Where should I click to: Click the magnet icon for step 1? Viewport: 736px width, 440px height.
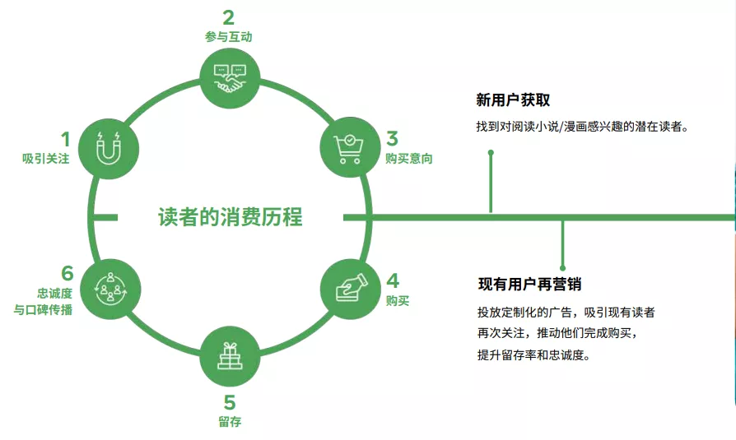tap(109, 148)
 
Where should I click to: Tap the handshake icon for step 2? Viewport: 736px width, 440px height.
tap(230, 78)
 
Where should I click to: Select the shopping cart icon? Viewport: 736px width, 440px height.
tap(349, 149)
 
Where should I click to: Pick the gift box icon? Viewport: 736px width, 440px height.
tap(230, 356)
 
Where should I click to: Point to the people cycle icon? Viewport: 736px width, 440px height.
tap(110, 288)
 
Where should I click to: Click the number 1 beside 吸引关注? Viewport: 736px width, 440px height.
tap(65, 139)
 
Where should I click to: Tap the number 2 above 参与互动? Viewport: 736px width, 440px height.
tap(229, 18)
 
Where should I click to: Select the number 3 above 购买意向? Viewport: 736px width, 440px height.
tap(393, 138)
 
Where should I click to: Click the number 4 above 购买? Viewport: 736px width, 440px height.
tap(393, 280)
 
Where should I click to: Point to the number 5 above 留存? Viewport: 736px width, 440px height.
tap(230, 402)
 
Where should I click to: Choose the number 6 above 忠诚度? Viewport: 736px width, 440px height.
tap(68, 273)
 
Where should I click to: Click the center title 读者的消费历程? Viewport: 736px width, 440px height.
tap(230, 217)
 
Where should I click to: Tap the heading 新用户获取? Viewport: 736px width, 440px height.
tap(513, 100)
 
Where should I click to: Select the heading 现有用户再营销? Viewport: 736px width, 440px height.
tap(530, 284)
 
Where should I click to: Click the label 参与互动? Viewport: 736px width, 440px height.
tap(229, 36)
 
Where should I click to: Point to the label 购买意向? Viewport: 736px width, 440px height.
tap(409, 159)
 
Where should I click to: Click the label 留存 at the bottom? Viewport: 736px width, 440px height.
tap(230, 422)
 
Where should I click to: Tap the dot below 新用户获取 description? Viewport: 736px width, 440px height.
tap(491, 152)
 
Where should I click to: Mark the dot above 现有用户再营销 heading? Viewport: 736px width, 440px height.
tap(563, 268)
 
